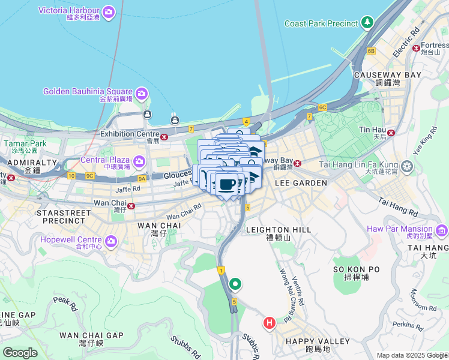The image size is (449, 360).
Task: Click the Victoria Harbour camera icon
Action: click(109, 11)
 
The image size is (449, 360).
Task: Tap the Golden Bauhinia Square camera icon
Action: click(142, 92)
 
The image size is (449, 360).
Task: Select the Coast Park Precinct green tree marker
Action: click(367, 23)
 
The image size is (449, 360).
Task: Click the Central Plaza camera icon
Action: click(139, 161)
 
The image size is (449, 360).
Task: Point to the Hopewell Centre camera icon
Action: click(111, 241)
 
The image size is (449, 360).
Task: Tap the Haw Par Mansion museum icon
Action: click(442, 230)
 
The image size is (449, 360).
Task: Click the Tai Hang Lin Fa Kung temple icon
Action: click(408, 165)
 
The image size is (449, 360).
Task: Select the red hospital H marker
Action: click(270, 323)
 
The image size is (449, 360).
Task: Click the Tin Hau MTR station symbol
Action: click(391, 133)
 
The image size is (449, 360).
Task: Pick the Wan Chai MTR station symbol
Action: click(130, 206)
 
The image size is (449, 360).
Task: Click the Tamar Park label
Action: click(25, 143)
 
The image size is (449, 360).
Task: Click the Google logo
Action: click(20, 352)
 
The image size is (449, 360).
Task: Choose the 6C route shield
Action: click(322, 107)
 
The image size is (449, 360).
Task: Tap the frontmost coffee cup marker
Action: click(226, 185)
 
